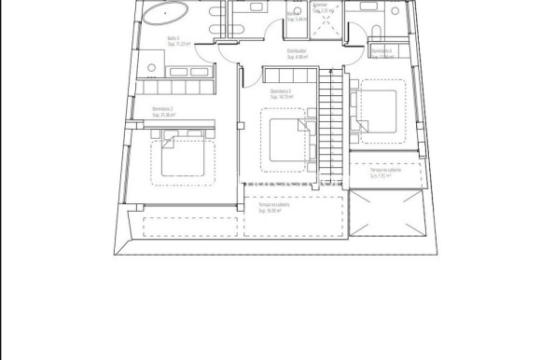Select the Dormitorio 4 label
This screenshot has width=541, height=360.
click(x=380, y=49)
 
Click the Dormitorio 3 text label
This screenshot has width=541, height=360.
click(x=281, y=90)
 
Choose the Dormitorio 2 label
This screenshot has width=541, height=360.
click(x=163, y=108)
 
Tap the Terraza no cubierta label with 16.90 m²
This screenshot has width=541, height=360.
click(x=272, y=205)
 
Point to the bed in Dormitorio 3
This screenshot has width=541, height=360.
click(x=284, y=139)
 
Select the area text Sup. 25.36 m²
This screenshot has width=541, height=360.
click(x=165, y=114)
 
